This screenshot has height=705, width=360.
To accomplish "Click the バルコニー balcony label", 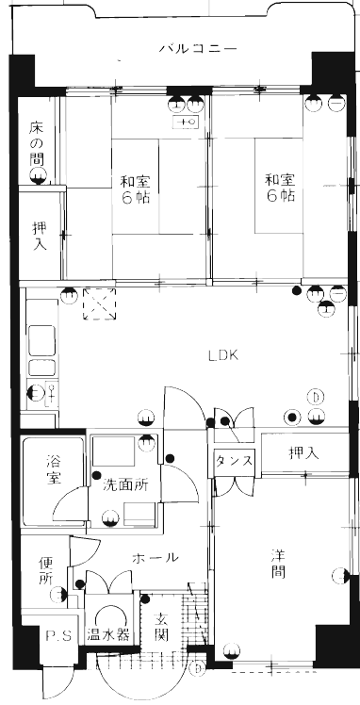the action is tap(198, 48).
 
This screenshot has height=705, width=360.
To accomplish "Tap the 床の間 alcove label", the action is tap(38, 142).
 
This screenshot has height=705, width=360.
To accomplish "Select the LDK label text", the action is tap(222, 355).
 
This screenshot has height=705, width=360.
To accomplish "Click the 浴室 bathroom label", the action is tap(54, 469).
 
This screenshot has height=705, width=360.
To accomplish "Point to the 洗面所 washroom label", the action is tap(125, 486).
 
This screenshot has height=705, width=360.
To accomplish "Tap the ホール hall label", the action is tap(155, 558).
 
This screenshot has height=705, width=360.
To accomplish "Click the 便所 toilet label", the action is tap(46, 571).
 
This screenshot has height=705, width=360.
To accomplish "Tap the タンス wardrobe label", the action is tap(234, 461).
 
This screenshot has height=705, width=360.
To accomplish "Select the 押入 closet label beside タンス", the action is tap(303, 453).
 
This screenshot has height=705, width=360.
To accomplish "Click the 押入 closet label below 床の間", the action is tap(39, 236).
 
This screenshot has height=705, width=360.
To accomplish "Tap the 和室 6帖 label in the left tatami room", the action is tap(135, 190).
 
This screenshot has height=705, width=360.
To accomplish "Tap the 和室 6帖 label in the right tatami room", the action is tap(280, 188).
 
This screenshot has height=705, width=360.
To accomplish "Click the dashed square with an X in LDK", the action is tap(99, 304).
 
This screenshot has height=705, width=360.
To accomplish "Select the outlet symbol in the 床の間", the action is tap(38, 177).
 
